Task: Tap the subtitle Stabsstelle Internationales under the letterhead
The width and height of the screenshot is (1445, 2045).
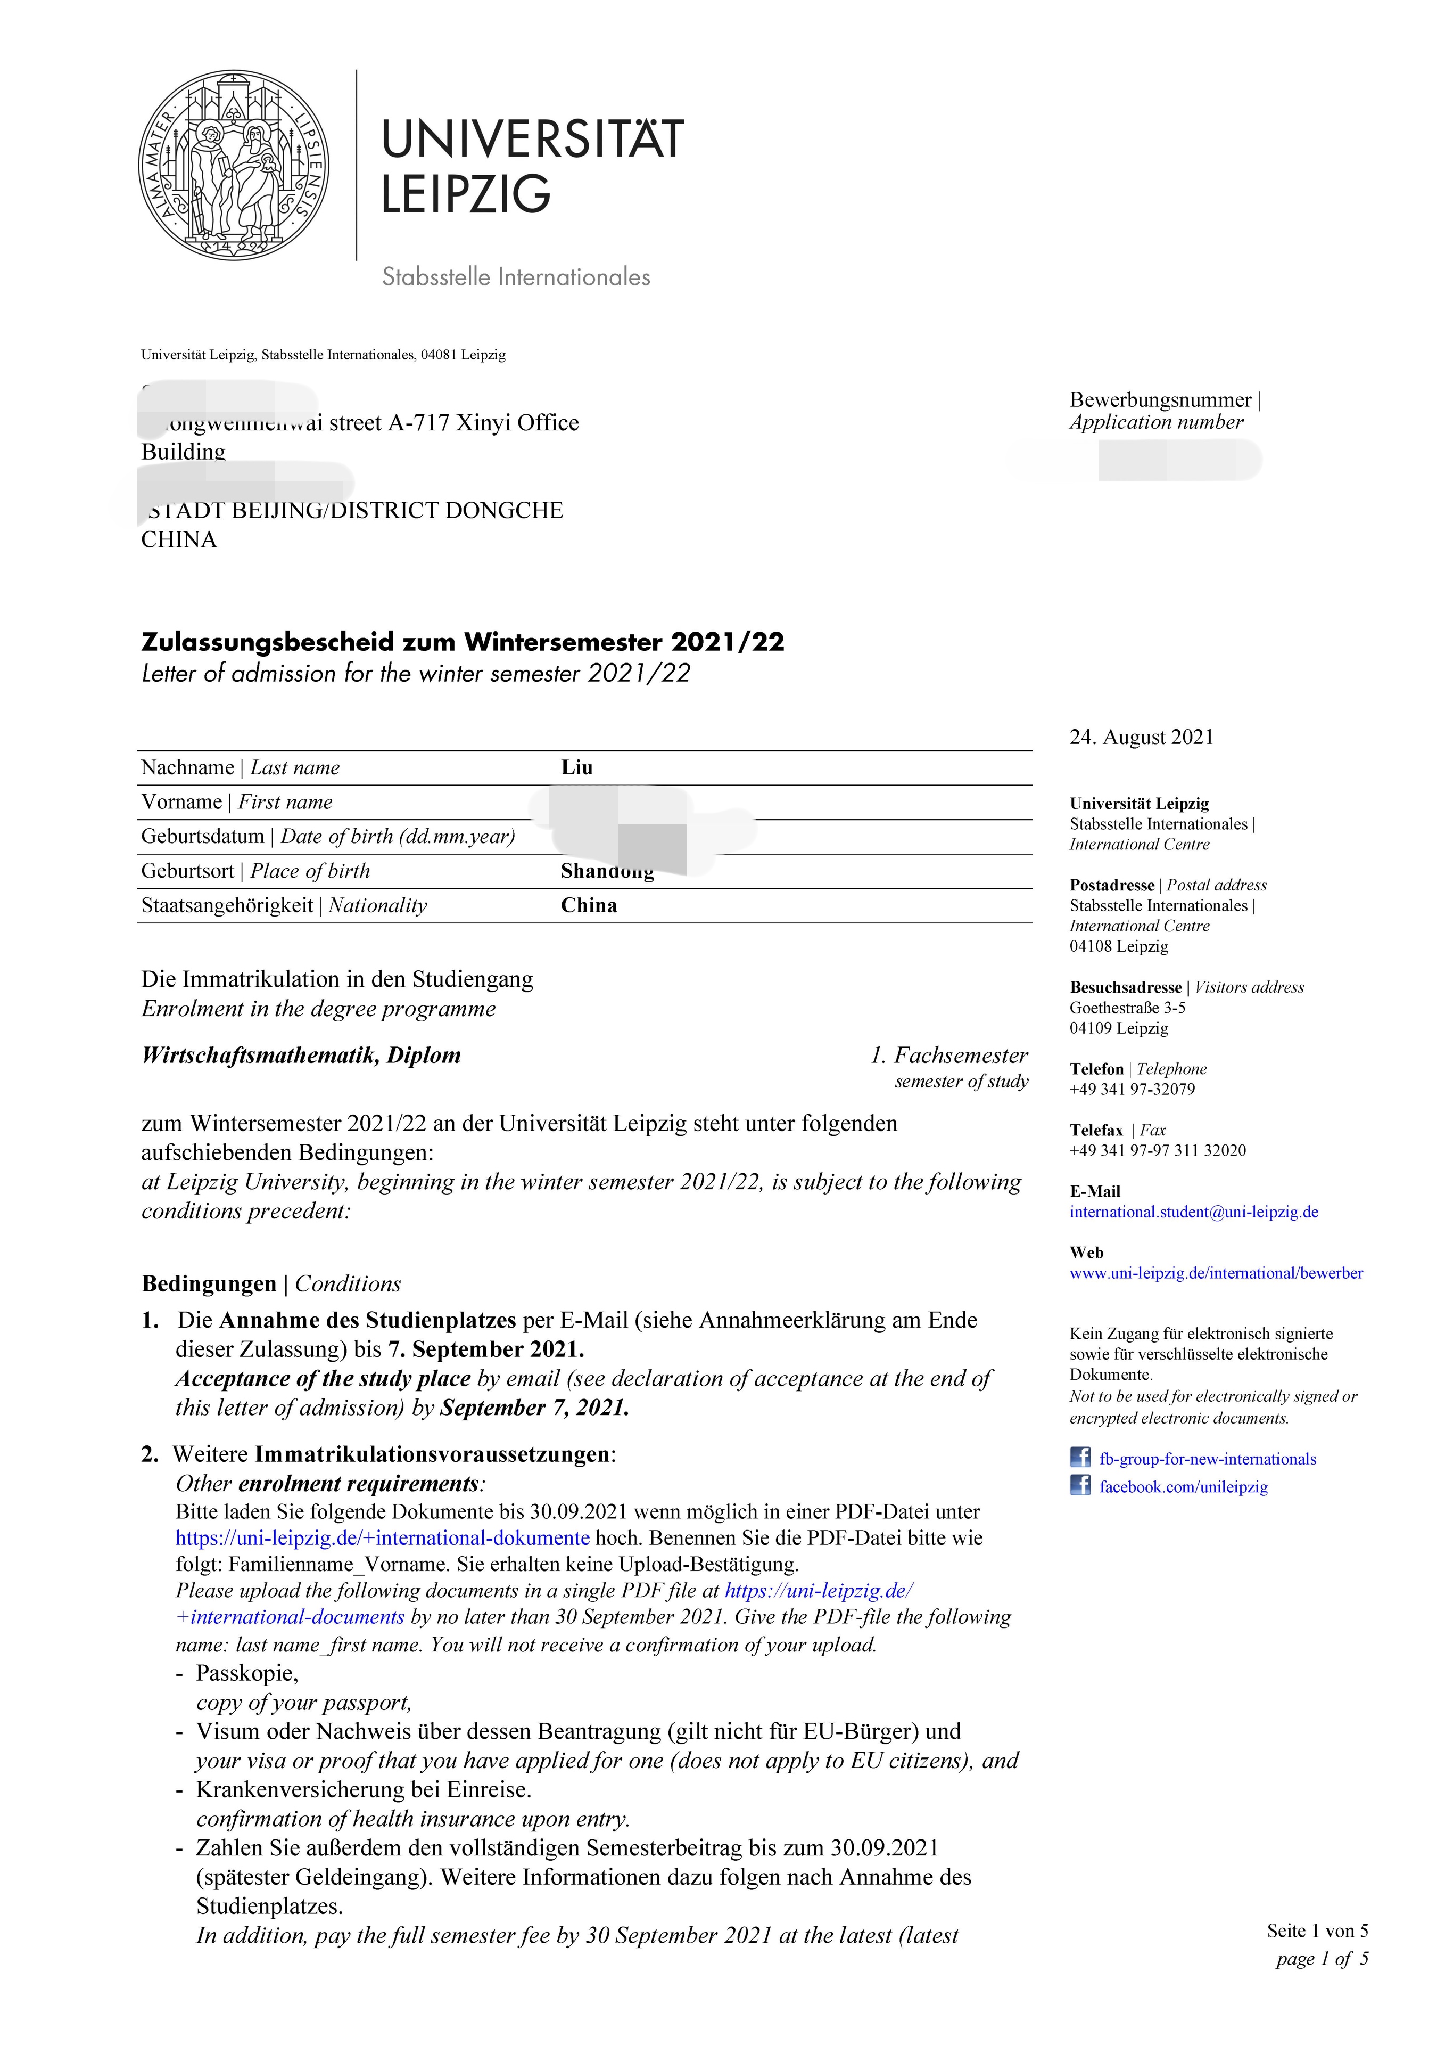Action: (x=516, y=277)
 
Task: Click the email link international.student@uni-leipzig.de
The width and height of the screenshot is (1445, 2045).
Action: (x=1193, y=1212)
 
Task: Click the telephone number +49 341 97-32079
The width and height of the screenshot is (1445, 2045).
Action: (x=1132, y=1089)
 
